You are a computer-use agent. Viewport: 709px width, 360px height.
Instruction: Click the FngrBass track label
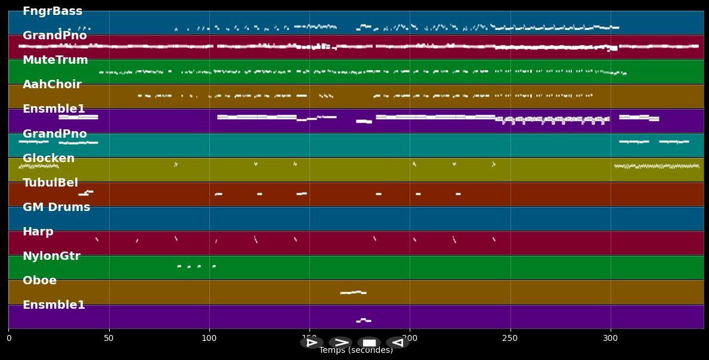[x=52, y=11]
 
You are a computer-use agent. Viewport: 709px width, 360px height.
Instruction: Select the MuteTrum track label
[x=55, y=60]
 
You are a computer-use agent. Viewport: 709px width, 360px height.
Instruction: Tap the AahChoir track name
[x=52, y=85]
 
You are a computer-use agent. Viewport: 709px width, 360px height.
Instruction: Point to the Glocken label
[x=48, y=159]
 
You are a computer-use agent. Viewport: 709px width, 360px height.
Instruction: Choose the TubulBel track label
[x=50, y=183]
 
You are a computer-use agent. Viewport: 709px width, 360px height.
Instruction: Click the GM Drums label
[x=56, y=207]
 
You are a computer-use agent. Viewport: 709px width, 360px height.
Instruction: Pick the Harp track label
[x=38, y=232]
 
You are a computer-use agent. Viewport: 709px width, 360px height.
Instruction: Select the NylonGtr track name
[x=51, y=256]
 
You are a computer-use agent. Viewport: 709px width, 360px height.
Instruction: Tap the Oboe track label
[x=39, y=281]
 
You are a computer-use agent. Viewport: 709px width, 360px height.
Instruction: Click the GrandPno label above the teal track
[x=54, y=134]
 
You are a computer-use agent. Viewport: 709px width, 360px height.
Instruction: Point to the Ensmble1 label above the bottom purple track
[x=54, y=305]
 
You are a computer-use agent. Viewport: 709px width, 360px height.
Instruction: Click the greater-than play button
[x=340, y=343]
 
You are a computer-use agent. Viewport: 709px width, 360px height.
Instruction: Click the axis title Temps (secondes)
[x=356, y=350]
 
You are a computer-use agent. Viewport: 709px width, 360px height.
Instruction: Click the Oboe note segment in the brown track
[x=353, y=293]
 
